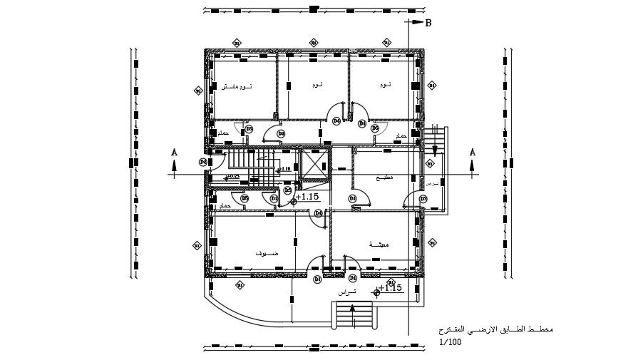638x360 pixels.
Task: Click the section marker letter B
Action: point(428,23)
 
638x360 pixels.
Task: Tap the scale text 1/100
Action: point(451,342)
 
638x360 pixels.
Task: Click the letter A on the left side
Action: point(173,152)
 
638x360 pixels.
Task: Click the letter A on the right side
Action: point(472,152)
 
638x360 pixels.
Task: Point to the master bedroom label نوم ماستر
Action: point(237,86)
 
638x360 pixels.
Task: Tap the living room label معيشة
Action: point(379,245)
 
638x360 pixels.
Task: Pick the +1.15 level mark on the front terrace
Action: point(391,288)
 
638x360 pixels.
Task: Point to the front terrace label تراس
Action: point(346,292)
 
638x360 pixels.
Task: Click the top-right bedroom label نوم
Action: point(385,85)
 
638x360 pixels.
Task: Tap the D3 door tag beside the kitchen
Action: point(352,197)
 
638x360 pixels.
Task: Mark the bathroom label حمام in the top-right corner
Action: point(401,135)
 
